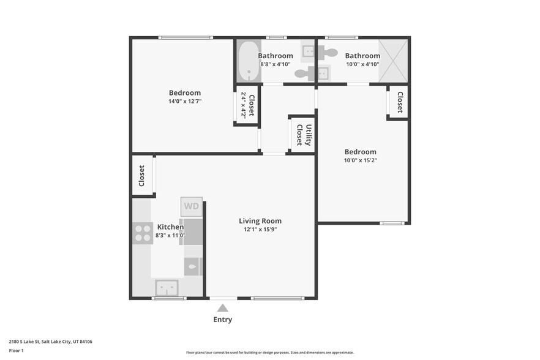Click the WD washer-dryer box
pyautogui.click(x=192, y=206)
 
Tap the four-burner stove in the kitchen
pyautogui.click(x=143, y=233)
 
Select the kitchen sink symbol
pyautogui.click(x=167, y=288)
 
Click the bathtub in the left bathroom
pyautogui.click(x=249, y=61)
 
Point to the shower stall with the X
pyautogui.click(x=393, y=61)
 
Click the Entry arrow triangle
pyautogui.click(x=222, y=307)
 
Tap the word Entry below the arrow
pyautogui.click(x=222, y=320)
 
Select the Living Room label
pyautogui.click(x=260, y=221)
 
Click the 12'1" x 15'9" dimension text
pyautogui.click(x=260, y=230)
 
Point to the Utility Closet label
pyautogui.click(x=304, y=135)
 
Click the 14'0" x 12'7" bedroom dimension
pyautogui.click(x=185, y=101)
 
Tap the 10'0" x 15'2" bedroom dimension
pyautogui.click(x=361, y=160)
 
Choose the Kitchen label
pyautogui.click(x=170, y=227)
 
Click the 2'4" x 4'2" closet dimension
pyautogui.click(x=244, y=105)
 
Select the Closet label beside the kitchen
pyautogui.click(x=141, y=176)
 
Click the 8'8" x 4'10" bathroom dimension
pyautogui.click(x=275, y=64)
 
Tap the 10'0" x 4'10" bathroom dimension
pyautogui.click(x=362, y=64)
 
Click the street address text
pyautogui.click(x=51, y=342)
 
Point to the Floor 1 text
pyautogui.click(x=16, y=351)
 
